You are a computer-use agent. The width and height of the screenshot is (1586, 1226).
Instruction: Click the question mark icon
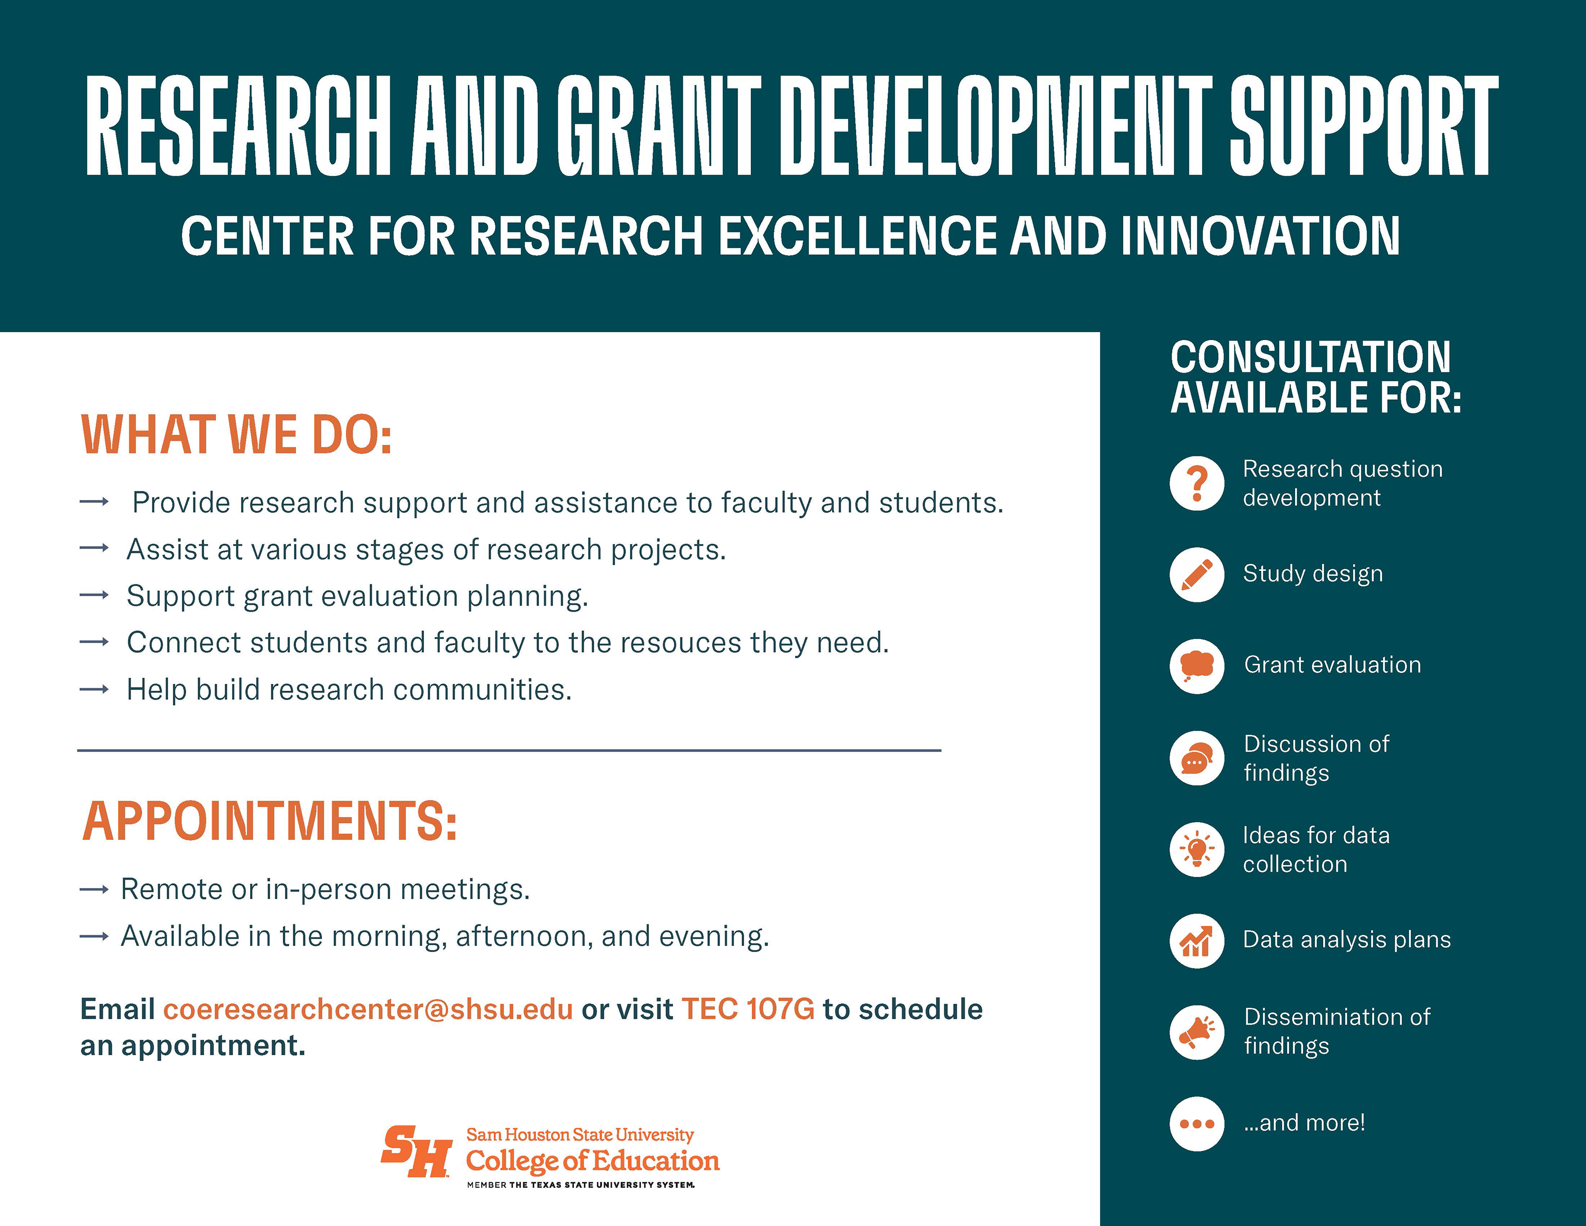click(1197, 484)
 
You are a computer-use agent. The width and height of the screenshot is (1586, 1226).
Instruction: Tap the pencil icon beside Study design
click(1197, 574)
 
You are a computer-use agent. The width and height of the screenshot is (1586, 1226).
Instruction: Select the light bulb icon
click(1197, 849)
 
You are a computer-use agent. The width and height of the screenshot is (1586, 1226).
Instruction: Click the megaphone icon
click(1197, 1032)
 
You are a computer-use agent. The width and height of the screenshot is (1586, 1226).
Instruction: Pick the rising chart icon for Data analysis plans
click(1197, 940)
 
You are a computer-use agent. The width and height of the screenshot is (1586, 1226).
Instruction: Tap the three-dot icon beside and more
click(1197, 1123)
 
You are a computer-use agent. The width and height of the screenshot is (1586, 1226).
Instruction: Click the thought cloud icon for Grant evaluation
click(1197, 666)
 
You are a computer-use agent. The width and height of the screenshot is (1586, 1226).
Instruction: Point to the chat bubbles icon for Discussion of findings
click(1197, 757)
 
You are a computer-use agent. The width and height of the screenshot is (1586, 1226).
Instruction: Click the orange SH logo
click(416, 1151)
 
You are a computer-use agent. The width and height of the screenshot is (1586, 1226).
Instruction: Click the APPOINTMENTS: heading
click(270, 821)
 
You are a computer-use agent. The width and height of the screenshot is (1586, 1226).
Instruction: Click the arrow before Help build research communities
click(95, 689)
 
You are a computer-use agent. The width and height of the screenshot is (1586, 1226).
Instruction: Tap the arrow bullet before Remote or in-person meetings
click(95, 890)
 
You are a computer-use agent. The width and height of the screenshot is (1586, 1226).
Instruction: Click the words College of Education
click(593, 1161)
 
